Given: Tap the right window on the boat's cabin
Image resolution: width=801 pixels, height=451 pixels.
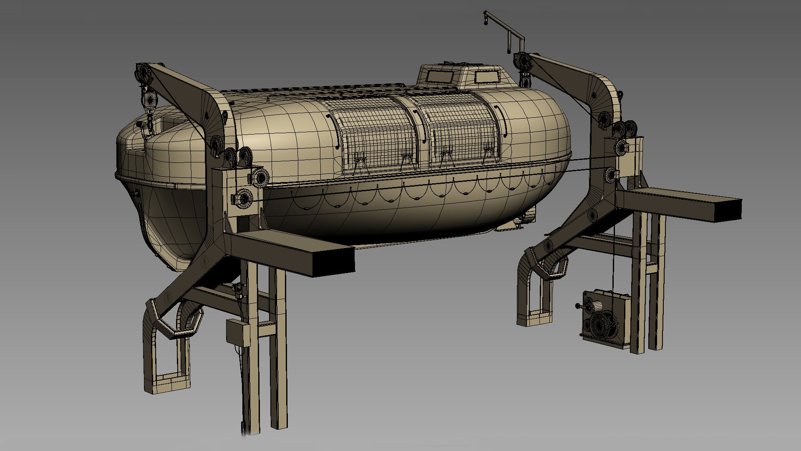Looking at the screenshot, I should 487,76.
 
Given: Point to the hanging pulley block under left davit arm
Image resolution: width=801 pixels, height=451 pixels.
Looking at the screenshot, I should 149,100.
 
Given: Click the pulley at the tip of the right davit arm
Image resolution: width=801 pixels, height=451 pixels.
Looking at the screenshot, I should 522,62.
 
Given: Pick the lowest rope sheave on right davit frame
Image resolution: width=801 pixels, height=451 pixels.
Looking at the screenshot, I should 611,175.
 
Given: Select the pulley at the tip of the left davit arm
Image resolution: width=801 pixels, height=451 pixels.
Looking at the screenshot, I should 144,73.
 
